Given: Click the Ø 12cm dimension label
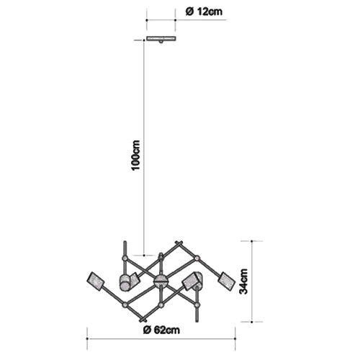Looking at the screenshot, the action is pos(204,12).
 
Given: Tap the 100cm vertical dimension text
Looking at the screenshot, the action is pos(136,156).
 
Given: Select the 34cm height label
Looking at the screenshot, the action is pos(243,282).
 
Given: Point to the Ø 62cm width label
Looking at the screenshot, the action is pos(161,330).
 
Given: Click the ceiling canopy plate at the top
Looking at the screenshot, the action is pos(161,39).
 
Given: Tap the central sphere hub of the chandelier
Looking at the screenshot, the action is pos(161,282).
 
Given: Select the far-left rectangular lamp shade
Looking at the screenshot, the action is pos(96,282).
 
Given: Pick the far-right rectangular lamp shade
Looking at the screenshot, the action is pos(226,282).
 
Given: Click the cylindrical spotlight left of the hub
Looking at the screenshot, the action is pos(125,283).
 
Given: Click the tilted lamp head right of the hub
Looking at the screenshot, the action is pos(192,282).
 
